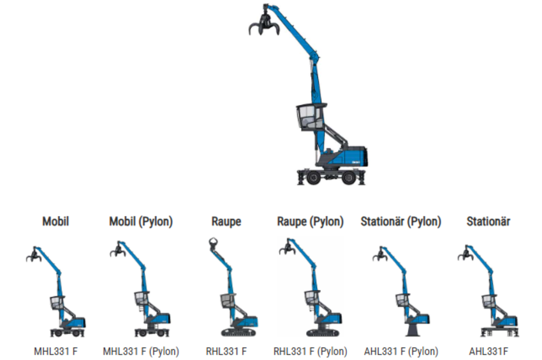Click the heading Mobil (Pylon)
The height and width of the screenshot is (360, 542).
(141, 222)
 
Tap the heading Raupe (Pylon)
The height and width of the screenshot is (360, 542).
(310, 222)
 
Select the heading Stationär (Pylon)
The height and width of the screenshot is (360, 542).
(400, 222)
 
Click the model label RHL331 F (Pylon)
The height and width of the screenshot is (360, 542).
(310, 351)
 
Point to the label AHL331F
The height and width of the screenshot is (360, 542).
(488, 351)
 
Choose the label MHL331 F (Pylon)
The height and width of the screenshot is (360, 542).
(141, 351)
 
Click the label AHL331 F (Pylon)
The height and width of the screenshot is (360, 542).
(400, 351)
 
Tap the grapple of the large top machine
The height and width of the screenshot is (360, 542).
(263, 26)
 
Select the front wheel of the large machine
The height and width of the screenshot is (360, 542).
(313, 178)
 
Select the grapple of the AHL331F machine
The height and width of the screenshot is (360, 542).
(465, 256)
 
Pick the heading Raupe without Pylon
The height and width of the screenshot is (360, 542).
(226, 222)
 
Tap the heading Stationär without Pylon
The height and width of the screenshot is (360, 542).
(488, 222)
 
